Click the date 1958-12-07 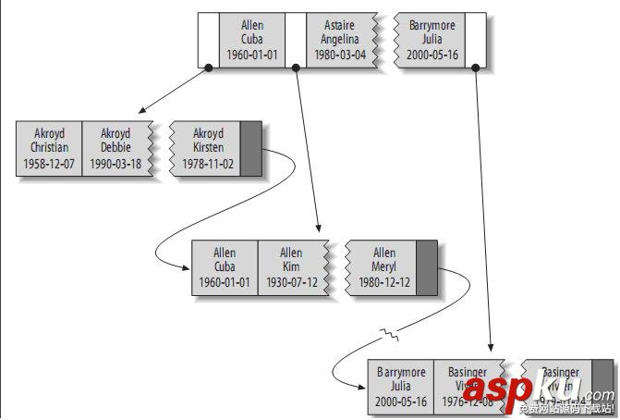49,164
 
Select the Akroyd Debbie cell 115,148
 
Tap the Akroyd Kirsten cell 206,148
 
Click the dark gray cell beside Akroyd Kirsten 251,147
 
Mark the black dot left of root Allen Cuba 208,68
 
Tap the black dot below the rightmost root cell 475,68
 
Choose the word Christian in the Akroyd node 49,148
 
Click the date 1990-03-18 115,164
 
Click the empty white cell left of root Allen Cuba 209,40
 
